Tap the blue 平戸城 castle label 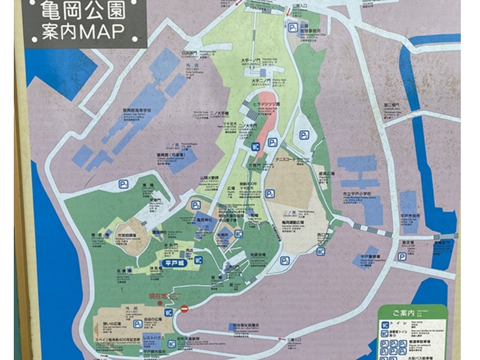172,262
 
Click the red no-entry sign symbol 184,308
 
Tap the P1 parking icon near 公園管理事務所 293,27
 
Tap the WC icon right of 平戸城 199,260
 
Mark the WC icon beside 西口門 321,251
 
